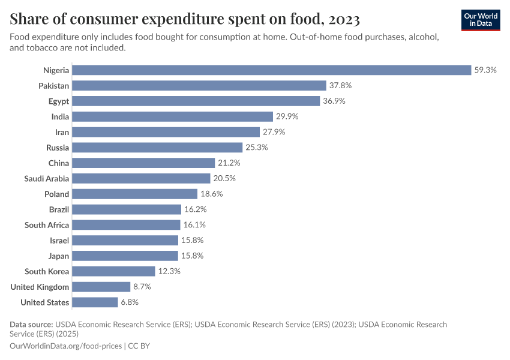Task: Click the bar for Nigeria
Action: (x=272, y=70)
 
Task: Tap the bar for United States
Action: (x=95, y=302)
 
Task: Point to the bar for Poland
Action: (x=135, y=194)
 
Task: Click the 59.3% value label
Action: (x=485, y=70)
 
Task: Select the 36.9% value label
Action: (x=334, y=101)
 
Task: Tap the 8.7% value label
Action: (x=142, y=287)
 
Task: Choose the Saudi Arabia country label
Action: (x=46, y=179)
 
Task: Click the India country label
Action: (x=60, y=116)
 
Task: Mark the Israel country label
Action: (x=59, y=241)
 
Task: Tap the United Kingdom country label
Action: (x=40, y=287)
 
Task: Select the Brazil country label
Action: (x=59, y=209)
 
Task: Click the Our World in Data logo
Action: (x=481, y=20)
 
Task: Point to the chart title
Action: (x=185, y=20)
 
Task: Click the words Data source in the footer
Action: (x=31, y=325)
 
